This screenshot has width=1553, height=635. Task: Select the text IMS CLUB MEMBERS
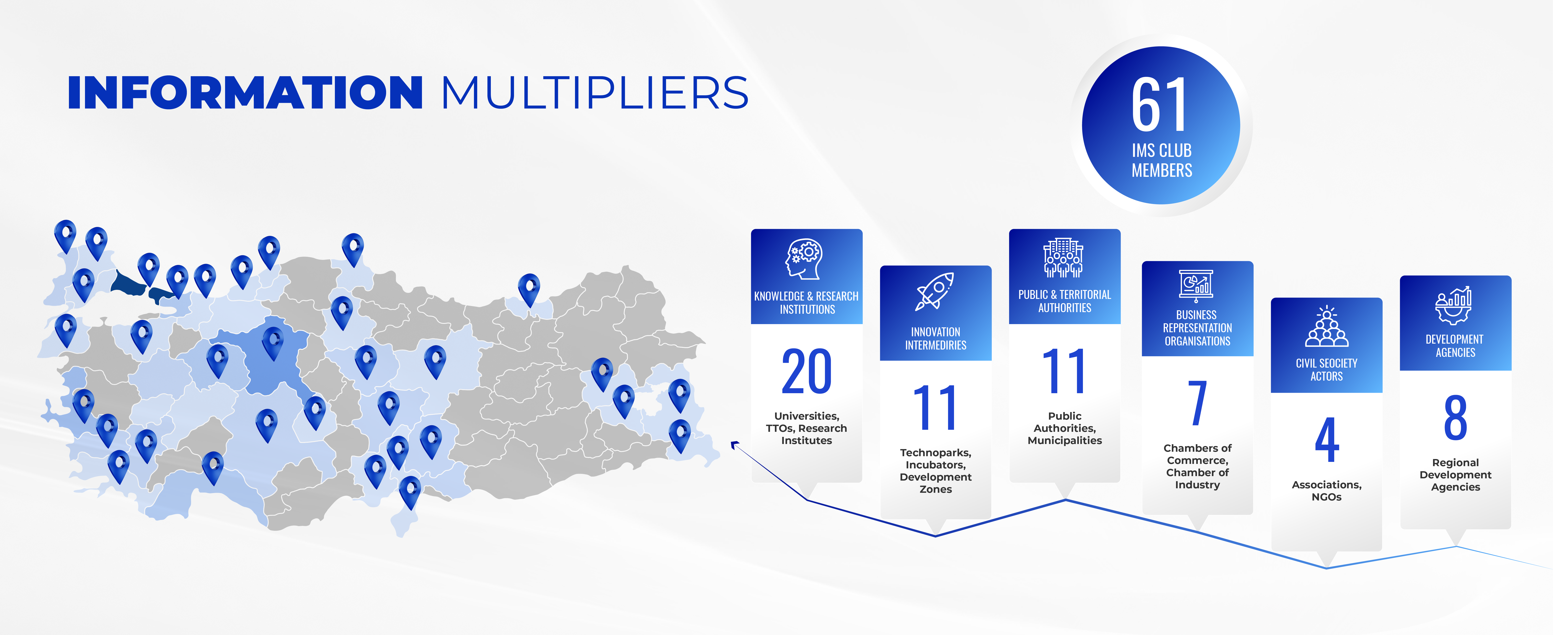(1162, 160)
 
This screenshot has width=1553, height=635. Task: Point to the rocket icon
(934, 292)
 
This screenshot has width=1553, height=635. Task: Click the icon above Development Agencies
(1454, 305)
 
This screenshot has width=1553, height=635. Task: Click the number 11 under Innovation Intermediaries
(935, 408)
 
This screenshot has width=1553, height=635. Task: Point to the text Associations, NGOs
(1326, 490)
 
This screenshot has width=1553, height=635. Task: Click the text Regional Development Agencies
(1455, 475)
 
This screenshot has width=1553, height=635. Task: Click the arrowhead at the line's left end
(734, 445)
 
